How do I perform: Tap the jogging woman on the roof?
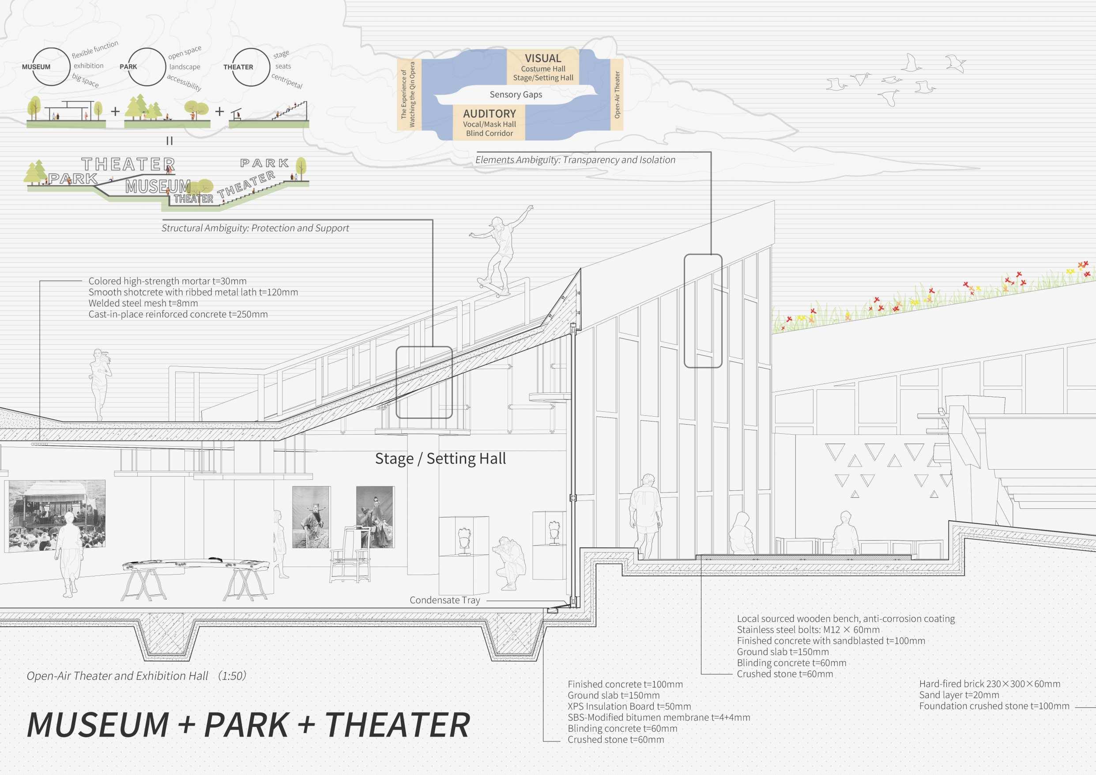click(x=100, y=382)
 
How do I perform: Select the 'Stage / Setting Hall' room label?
click(x=440, y=459)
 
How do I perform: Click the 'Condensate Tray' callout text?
click(x=444, y=600)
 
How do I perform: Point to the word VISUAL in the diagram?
click(x=543, y=58)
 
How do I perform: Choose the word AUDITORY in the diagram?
click(x=489, y=113)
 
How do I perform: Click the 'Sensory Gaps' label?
click(x=516, y=94)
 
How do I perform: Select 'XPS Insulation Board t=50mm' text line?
click(x=629, y=706)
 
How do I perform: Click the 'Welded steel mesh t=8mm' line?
click(x=143, y=303)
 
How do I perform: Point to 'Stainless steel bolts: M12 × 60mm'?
click(x=808, y=630)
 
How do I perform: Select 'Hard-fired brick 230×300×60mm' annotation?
click(x=989, y=684)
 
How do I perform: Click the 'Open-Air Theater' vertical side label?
click(x=617, y=94)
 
